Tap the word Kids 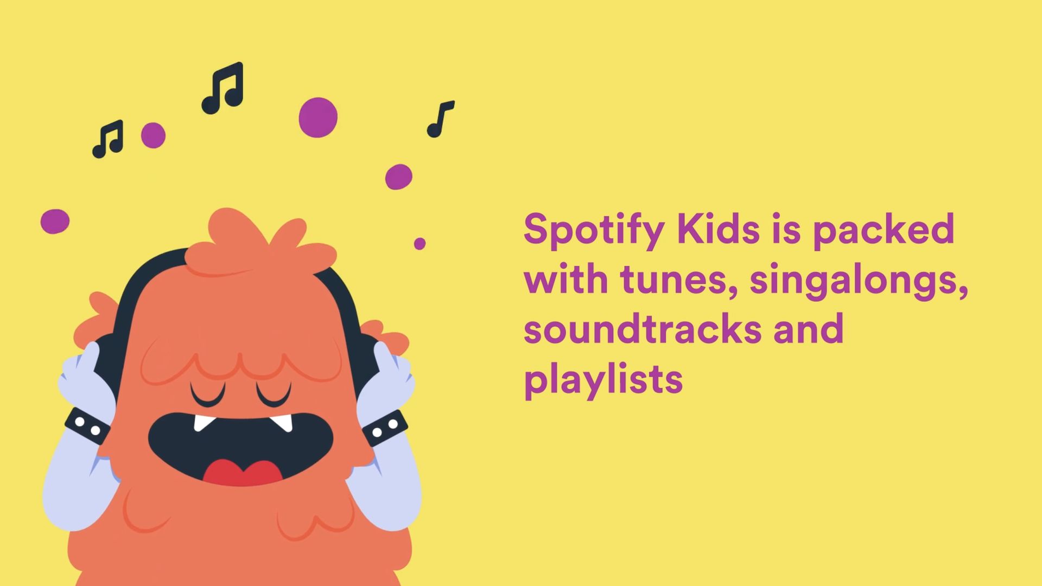718,229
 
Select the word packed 883,230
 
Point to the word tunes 679,279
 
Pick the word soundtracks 642,329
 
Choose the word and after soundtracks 809,329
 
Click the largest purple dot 318,117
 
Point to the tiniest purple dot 420,244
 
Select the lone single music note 440,119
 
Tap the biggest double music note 223,88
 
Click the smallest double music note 108,139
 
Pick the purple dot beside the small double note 153,135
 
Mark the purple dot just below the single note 399,177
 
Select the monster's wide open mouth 240,445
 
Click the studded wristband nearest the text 385,428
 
